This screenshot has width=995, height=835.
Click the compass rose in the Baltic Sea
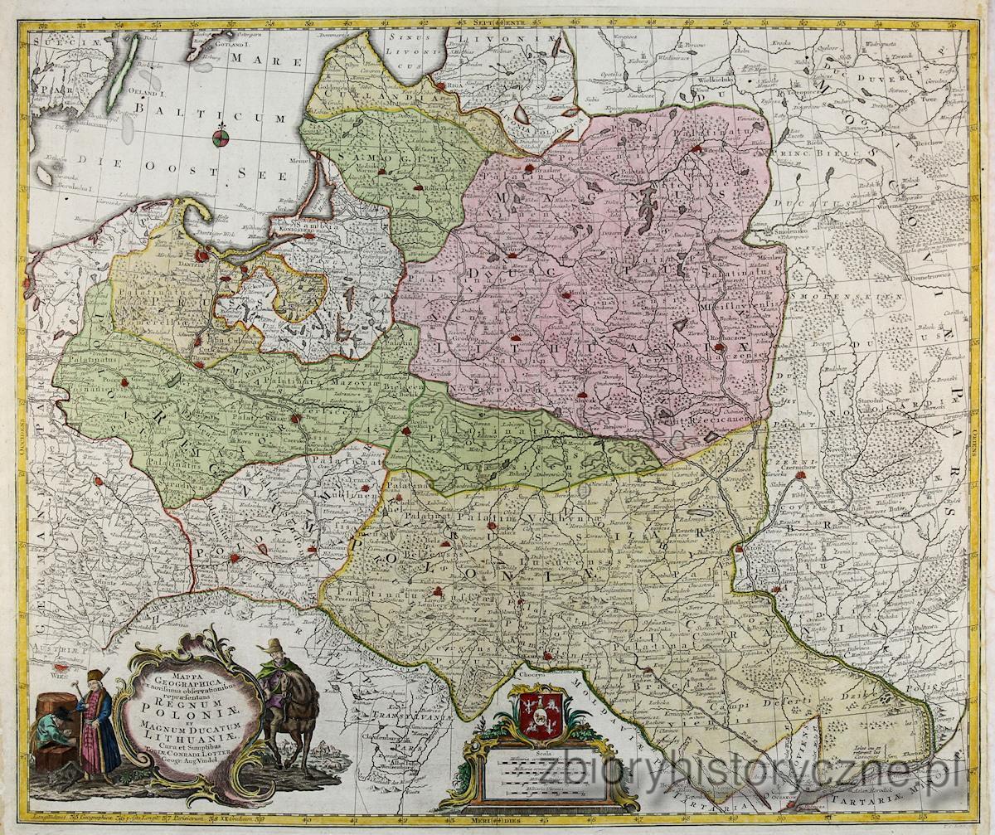220,138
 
